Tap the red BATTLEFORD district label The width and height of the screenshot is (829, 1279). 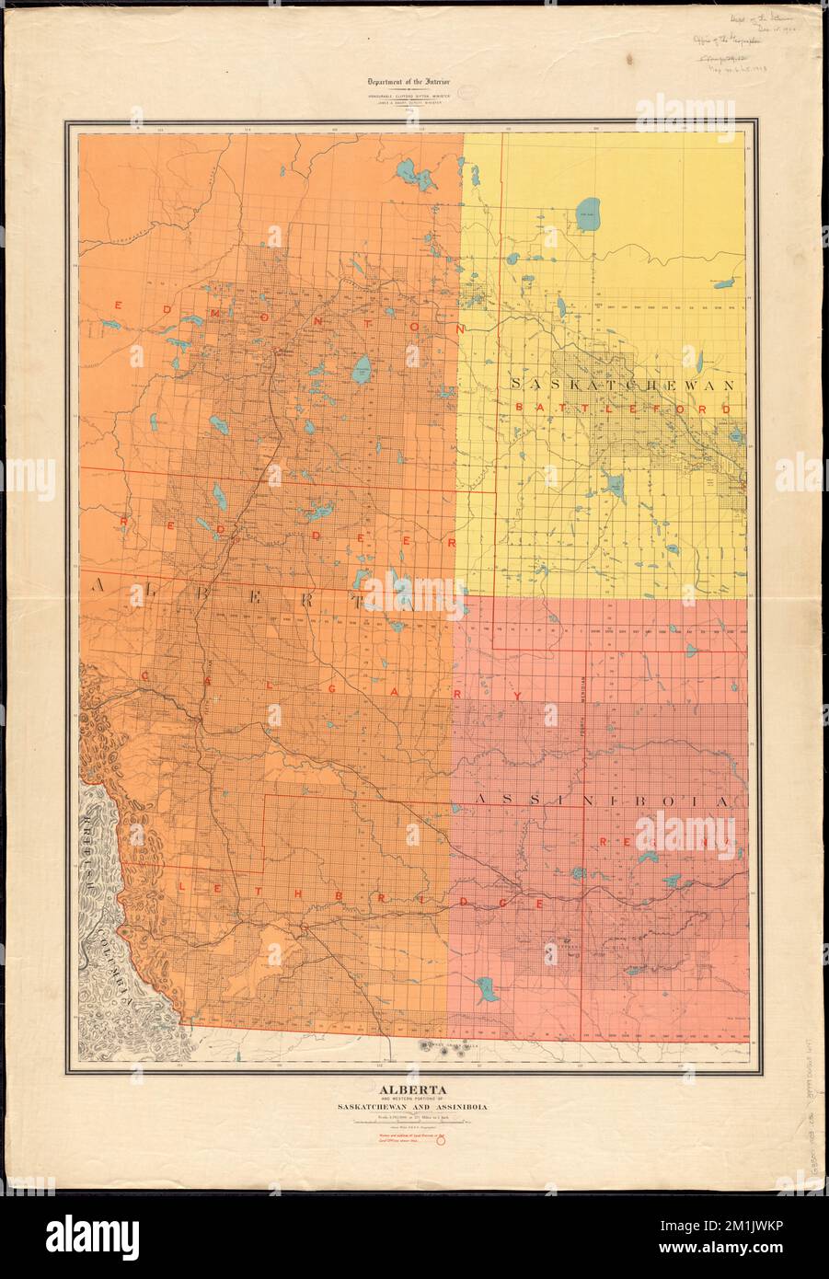[626, 407]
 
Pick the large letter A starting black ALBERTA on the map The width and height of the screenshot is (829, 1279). [98, 585]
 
